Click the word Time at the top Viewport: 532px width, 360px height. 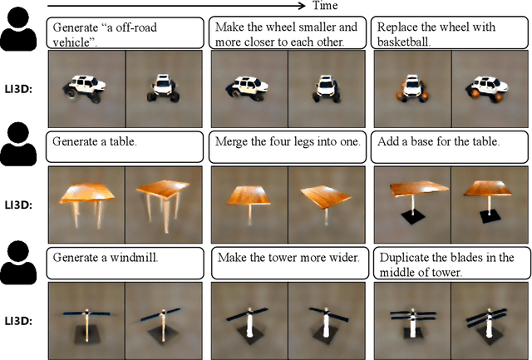tap(325, 6)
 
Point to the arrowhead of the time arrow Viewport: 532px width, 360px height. tap(302, 6)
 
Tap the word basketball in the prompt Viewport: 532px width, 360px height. tap(404, 42)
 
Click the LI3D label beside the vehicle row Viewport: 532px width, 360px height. tap(18, 90)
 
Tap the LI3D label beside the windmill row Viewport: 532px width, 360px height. tap(18, 321)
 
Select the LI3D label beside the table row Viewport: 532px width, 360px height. tap(18, 205)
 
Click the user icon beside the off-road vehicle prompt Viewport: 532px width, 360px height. tap(18, 29)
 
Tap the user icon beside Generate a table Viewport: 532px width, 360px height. tap(18, 144)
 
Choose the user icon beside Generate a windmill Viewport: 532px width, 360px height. tap(18, 263)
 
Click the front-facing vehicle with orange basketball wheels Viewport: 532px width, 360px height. tap(412, 89)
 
